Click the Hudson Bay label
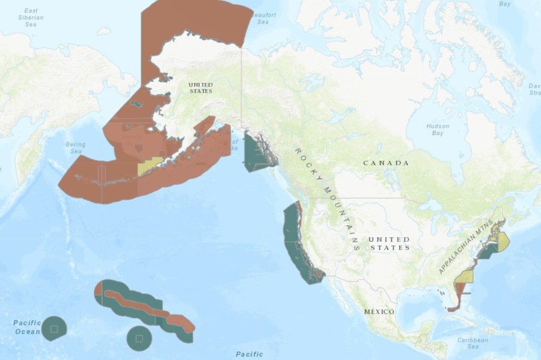point(437,129)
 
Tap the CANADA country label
point(386,163)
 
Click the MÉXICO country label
point(379,312)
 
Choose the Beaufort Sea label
point(262,18)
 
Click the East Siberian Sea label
point(31,17)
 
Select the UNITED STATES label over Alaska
point(200,88)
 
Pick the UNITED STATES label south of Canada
point(389,243)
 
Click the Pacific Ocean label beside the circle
point(27,327)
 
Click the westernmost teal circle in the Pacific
point(54,329)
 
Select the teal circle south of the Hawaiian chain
point(139,338)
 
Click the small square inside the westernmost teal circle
point(54,329)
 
